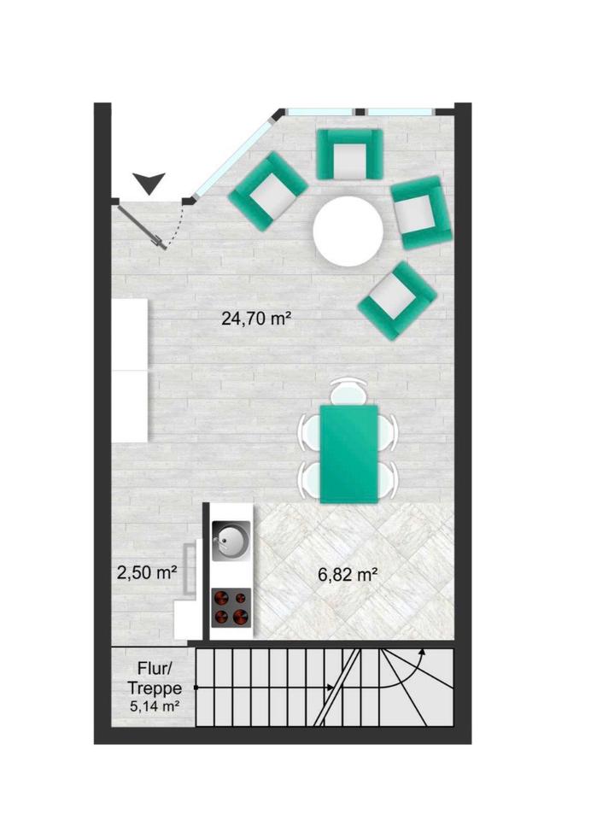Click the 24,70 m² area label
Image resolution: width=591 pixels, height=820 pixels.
tap(255, 318)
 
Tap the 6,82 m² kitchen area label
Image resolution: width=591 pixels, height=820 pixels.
tap(348, 575)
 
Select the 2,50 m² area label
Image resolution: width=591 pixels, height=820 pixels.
tap(146, 572)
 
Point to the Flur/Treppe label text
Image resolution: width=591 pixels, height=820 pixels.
tap(155, 678)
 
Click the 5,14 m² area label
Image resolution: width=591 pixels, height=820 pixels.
tap(155, 706)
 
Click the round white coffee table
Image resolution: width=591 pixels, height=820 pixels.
tap(348, 231)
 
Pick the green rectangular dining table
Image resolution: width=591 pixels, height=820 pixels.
tap(348, 454)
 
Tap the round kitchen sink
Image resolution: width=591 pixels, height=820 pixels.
tap(231, 541)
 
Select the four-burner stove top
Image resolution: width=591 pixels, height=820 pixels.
tap(231, 607)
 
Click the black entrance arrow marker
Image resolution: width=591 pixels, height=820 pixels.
tap(149, 183)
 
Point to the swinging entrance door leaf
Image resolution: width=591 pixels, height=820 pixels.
tap(142, 227)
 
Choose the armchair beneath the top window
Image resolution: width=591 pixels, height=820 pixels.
tap(349, 155)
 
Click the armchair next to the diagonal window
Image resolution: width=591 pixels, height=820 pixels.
tap(268, 191)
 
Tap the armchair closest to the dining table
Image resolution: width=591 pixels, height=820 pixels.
tap(397, 301)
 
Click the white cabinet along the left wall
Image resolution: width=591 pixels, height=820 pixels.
tap(130, 370)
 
